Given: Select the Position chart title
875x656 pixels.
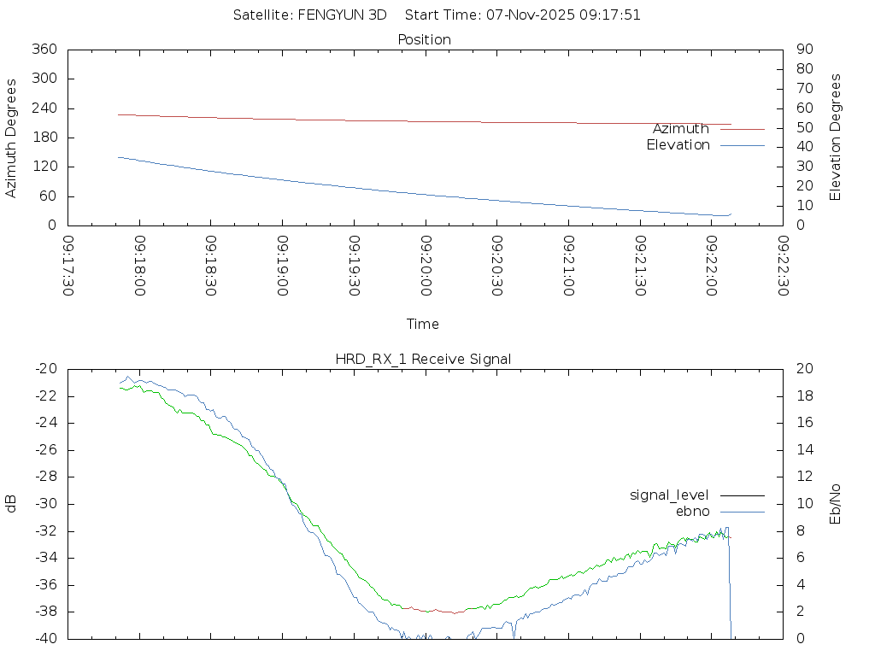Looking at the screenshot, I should [x=425, y=39].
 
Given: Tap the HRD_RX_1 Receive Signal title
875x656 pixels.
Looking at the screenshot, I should [x=423, y=359].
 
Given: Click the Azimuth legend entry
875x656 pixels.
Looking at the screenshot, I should [x=681, y=129].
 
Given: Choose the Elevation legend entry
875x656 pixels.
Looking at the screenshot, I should [x=678, y=145].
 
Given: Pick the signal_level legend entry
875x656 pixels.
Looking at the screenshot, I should [x=669, y=495].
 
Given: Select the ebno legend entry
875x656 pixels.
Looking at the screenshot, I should [x=692, y=511].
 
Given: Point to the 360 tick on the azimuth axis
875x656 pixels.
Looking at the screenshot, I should [x=44, y=50].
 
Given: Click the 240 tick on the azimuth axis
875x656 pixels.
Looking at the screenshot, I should [x=44, y=108].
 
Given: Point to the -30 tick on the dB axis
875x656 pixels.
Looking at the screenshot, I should [x=45, y=504].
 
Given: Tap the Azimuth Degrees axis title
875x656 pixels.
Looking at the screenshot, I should [x=11, y=138].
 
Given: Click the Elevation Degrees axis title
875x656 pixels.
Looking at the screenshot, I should [x=836, y=138].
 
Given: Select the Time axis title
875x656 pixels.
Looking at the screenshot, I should [x=423, y=324].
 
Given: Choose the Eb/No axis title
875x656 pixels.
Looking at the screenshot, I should [x=836, y=504].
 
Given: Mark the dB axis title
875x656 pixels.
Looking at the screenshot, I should [x=11, y=504].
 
